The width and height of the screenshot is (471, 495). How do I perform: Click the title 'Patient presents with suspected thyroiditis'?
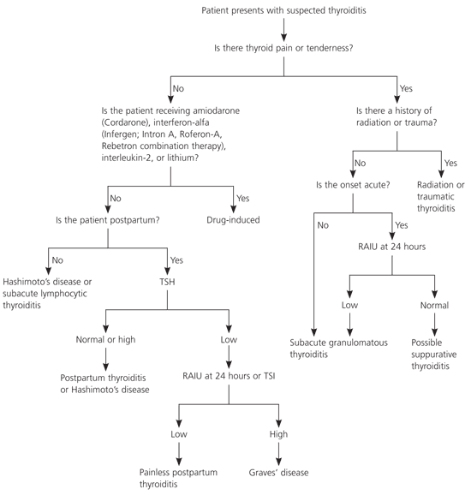tap(283, 10)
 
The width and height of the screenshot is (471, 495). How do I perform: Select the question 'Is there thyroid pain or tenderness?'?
tap(283, 48)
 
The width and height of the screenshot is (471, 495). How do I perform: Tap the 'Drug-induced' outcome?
tap(233, 220)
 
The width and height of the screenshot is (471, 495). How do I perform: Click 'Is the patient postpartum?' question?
tap(108, 220)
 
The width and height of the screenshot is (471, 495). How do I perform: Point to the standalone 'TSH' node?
tap(167, 282)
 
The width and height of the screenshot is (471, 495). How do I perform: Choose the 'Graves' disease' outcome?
tap(278, 472)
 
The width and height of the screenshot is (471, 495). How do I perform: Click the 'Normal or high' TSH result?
tap(105, 340)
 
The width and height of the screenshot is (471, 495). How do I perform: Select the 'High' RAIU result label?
tap(278, 434)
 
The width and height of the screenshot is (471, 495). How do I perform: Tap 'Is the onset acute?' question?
tap(353, 185)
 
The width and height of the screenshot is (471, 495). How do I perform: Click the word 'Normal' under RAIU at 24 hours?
tap(434, 305)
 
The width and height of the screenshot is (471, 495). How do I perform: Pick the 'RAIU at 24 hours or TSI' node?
tap(229, 376)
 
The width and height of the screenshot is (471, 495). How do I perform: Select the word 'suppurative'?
tap(434, 355)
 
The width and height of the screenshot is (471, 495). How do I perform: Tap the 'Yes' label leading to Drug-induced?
tap(242, 198)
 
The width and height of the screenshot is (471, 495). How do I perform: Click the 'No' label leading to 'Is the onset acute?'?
tap(360, 163)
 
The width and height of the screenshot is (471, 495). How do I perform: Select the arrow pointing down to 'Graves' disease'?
tap(278, 454)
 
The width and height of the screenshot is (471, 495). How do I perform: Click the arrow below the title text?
tap(283, 30)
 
